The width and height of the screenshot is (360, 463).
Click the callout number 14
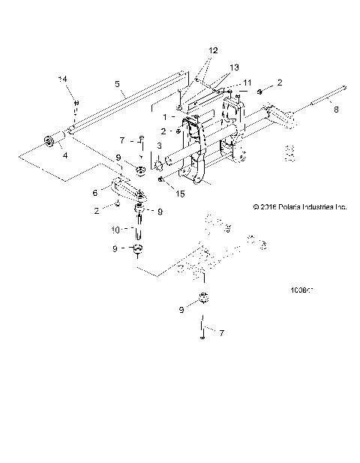[63, 79]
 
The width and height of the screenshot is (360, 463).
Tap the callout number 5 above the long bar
[117, 83]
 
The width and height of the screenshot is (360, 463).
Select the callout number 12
[213, 50]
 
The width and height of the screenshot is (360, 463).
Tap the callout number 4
[65, 155]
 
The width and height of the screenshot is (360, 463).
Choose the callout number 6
[95, 191]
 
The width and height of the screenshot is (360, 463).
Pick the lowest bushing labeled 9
[201, 298]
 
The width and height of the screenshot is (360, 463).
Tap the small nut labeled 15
[161, 180]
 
